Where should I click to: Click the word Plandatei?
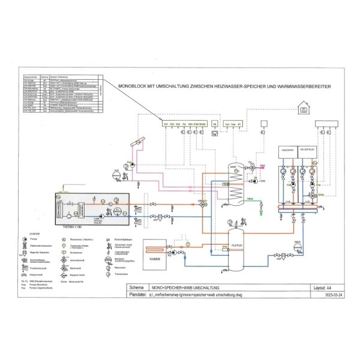pyautogui.click(x=139, y=295)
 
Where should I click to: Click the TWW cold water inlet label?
pyautogui.click(x=250, y=198)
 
